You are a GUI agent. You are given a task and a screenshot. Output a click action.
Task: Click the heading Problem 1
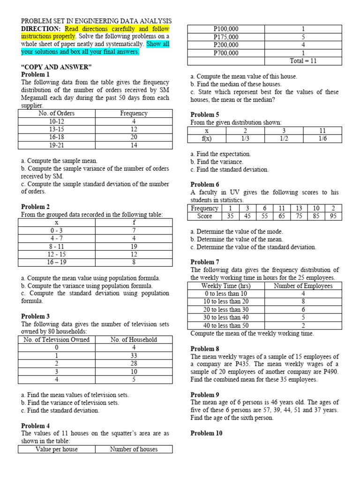pyautogui.click(x=35, y=75)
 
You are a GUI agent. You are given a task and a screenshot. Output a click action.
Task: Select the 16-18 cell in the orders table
pyautogui.click(x=56, y=137)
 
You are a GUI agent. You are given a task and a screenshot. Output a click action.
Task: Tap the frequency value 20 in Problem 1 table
pyautogui.click(x=134, y=137)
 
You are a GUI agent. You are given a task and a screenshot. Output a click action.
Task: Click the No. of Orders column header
pyautogui.click(x=56, y=113)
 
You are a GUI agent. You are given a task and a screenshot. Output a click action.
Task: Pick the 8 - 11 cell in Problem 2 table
pyautogui.click(x=56, y=246)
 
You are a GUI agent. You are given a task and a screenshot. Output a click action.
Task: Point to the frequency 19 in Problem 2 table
pyautogui.click(x=134, y=246)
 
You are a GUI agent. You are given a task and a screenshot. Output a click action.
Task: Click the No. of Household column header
pyautogui.click(x=134, y=339)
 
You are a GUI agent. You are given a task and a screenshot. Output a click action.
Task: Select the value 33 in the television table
pyautogui.click(x=134, y=355)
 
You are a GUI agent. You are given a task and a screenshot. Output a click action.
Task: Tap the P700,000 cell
pyautogui.click(x=225, y=53)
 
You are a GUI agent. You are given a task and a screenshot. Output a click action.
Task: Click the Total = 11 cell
pyautogui.click(x=303, y=61)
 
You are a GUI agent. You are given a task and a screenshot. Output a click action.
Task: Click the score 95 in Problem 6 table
pyautogui.click(x=333, y=216)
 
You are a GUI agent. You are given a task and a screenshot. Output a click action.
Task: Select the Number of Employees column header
pyautogui.click(x=303, y=285)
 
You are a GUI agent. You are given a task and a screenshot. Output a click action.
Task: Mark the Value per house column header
pyautogui.click(x=57, y=449)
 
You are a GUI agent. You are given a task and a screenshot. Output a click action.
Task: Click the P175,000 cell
pyautogui.click(x=225, y=37)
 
